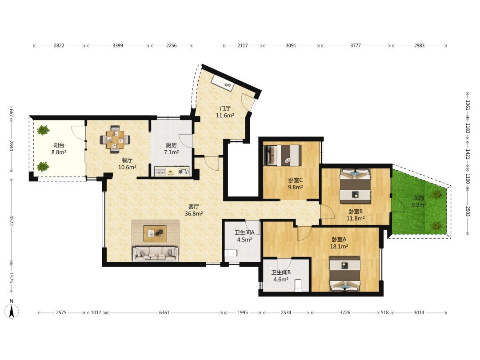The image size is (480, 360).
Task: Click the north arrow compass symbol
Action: pos(12,311)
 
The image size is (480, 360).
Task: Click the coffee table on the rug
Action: pos(155,234)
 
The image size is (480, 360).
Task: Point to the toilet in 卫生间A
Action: pos(231,253)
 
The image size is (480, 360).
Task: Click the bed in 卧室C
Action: pos(283,155)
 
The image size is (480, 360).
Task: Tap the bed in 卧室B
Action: pos(355,186)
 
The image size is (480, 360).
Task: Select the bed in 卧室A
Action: pos(345,274)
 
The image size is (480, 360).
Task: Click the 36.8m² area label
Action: pos(193,214)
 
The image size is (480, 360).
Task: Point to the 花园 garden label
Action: pos(419,198)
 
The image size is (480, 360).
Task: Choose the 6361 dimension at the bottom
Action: pos(164,312)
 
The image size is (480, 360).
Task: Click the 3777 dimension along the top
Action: pos(356,46)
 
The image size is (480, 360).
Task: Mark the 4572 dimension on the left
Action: pos(11,220)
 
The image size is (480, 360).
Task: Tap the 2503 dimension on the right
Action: pos(468,211)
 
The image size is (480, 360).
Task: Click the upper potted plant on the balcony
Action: pos(43,130)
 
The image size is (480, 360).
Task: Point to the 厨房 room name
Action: pos(171,145)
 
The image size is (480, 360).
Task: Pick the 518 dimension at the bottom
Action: pos(384,312)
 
